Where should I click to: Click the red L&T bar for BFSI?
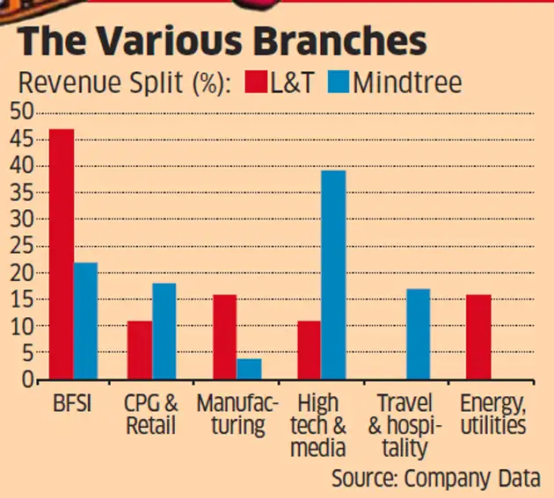click(62, 254)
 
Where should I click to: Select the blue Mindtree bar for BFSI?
click(86, 321)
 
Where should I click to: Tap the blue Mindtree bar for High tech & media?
click(333, 275)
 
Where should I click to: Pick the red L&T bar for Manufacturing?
click(225, 337)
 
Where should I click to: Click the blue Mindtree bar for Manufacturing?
click(249, 369)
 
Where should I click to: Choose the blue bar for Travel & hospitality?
click(419, 335)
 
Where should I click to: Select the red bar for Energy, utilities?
click(478, 337)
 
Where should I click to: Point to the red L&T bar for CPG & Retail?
click(140, 350)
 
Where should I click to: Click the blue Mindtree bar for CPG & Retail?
click(164, 331)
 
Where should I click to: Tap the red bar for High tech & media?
click(310, 350)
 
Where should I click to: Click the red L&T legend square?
click(256, 82)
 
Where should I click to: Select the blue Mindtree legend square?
click(339, 82)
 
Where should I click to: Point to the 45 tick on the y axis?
click(22, 140)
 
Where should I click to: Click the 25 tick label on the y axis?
click(22, 246)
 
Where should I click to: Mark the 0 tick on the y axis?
click(27, 380)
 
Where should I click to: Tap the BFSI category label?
click(72, 403)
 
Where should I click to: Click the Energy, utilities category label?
click(493, 415)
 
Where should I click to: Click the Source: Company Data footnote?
click(436, 479)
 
